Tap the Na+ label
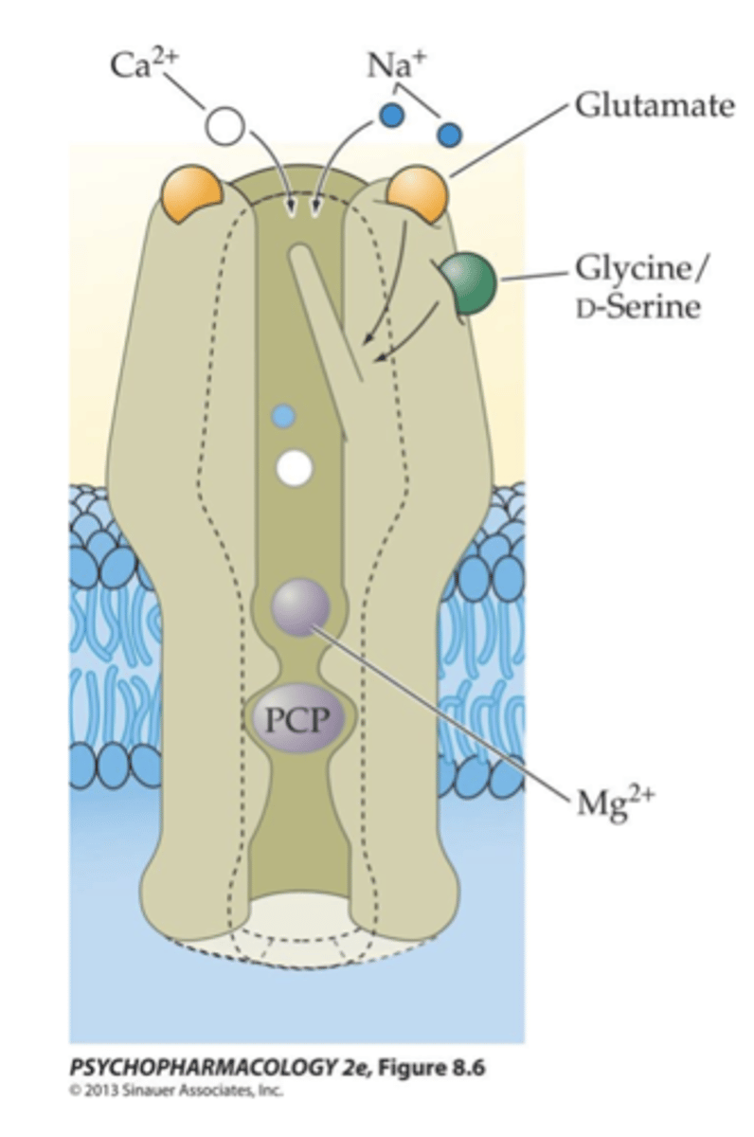(x=390, y=66)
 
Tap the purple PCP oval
(x=295, y=721)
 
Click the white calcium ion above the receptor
(x=225, y=126)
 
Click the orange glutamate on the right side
(x=417, y=192)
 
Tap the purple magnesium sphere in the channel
(x=300, y=607)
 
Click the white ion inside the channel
(x=295, y=467)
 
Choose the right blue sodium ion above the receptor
(x=449, y=135)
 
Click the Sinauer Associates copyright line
(x=176, y=1091)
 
